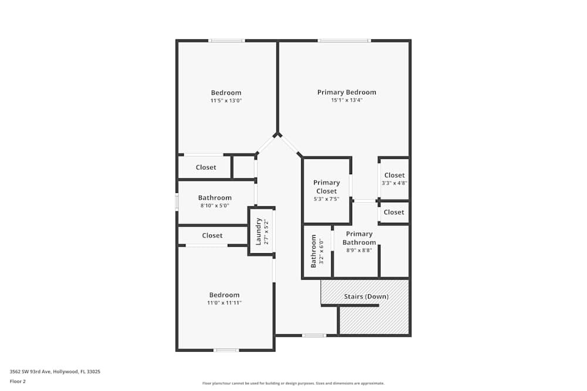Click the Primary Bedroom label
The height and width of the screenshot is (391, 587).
[x=346, y=92]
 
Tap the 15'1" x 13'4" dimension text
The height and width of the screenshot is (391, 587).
[x=346, y=100]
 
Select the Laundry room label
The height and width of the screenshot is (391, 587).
[x=258, y=231]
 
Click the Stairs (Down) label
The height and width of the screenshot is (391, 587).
[x=366, y=297]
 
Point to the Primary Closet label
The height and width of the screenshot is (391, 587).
[x=326, y=186]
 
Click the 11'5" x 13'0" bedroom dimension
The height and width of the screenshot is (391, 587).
[x=226, y=101]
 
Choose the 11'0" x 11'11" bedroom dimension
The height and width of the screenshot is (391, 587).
[x=224, y=303]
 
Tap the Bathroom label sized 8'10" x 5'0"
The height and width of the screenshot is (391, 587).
[x=214, y=198]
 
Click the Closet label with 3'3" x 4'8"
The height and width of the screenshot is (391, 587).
[x=394, y=175]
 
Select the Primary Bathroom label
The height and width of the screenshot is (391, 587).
[x=359, y=238]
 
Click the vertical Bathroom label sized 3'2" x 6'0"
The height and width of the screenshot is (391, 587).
[x=313, y=251]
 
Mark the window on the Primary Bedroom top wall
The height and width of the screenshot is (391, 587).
[x=345, y=40]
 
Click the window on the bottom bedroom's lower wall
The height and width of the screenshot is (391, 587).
[x=226, y=350]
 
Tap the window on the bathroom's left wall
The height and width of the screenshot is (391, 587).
[x=177, y=202]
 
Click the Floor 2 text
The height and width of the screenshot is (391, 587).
[x=18, y=381]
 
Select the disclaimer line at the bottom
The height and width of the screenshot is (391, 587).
[x=293, y=383]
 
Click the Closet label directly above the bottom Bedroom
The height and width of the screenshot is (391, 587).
[x=212, y=236]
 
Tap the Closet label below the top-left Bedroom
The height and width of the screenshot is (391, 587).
[x=205, y=168]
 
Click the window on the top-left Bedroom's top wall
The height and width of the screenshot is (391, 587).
[x=227, y=40]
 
